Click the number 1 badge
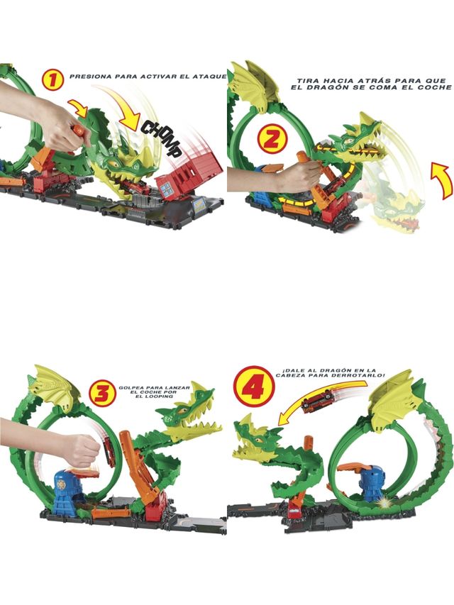52,79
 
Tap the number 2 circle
270,138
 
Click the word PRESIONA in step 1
92,75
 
